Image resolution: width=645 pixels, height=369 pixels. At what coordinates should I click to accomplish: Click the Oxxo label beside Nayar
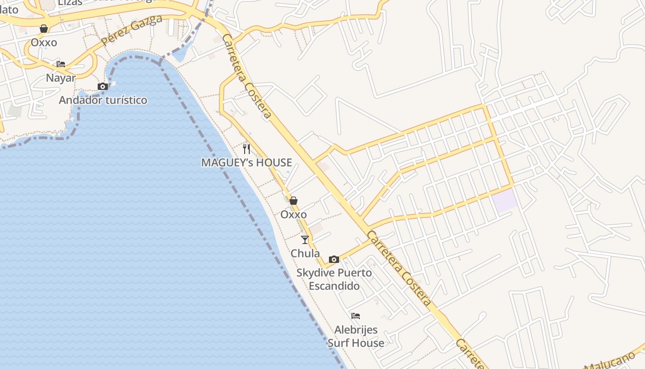(x=44, y=42)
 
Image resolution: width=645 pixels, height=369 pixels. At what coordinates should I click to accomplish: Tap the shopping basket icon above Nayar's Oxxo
(x=44, y=29)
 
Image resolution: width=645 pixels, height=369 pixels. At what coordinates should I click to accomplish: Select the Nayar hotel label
(x=60, y=78)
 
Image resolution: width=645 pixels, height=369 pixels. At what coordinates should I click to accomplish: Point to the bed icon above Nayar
(x=60, y=64)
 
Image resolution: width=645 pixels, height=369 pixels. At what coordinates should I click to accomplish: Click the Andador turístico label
(x=103, y=100)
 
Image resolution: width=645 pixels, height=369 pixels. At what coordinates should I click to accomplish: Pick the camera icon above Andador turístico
(x=103, y=86)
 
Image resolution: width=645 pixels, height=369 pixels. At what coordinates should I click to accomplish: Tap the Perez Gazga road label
(x=132, y=30)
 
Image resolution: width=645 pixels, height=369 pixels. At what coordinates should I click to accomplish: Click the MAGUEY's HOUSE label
(x=246, y=162)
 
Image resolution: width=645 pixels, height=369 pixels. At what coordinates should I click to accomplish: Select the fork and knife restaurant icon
(x=246, y=149)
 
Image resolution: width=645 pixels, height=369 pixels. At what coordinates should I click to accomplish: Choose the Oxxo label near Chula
(x=293, y=214)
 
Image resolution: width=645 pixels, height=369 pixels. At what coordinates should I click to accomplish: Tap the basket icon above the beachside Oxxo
(x=293, y=201)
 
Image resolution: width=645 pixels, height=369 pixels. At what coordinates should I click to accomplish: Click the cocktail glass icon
(x=305, y=239)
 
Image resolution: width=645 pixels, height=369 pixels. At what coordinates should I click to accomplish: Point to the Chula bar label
(x=305, y=253)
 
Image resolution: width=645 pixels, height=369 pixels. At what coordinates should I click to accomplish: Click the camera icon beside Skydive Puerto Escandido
(x=334, y=259)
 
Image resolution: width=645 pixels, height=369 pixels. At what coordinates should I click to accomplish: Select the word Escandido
(x=334, y=286)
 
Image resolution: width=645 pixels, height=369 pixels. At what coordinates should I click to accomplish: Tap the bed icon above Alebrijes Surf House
(x=356, y=316)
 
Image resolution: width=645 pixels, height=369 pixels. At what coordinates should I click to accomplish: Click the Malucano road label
(x=613, y=363)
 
